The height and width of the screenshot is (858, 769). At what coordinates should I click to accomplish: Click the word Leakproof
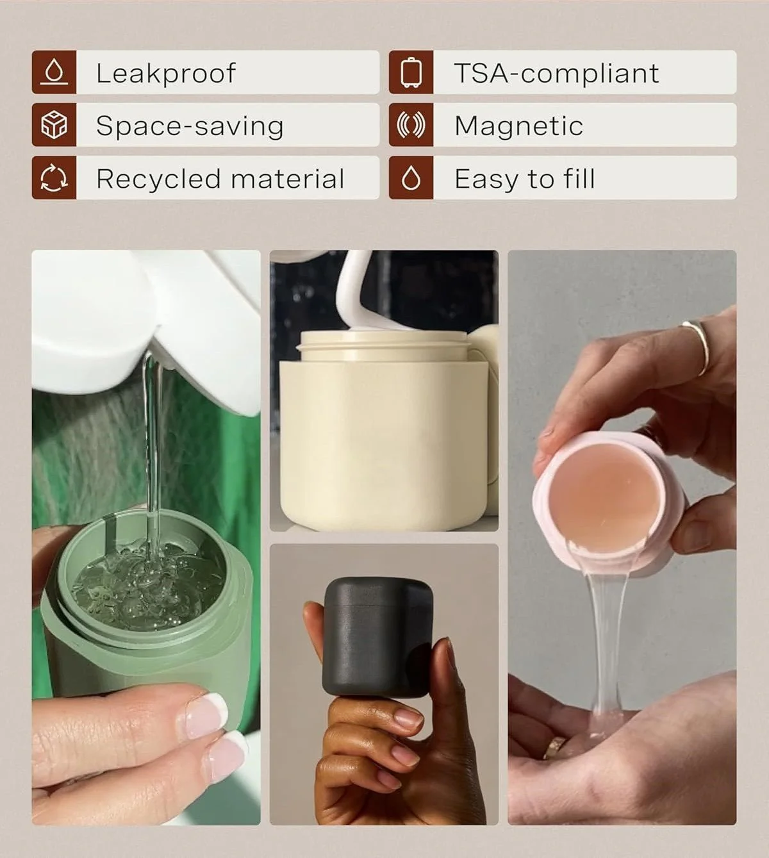coord(165,73)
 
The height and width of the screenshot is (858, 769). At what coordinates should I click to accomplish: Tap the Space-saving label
coord(190,126)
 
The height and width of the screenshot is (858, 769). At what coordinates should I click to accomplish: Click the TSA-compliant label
coord(556,73)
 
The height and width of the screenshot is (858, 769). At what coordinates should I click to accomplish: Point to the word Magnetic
coord(518,126)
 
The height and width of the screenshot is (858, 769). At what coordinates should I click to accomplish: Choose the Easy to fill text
coord(524,179)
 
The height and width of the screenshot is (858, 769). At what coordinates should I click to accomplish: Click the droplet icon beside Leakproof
coord(54,72)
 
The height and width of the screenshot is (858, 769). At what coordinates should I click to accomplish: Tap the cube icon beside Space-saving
coord(54,126)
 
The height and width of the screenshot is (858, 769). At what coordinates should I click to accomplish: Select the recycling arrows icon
coord(54,178)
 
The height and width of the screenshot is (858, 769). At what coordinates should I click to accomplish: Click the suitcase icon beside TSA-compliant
coord(411,72)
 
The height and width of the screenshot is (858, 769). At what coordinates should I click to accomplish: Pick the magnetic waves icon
coord(411,126)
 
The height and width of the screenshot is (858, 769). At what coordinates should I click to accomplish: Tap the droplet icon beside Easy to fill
coord(411,179)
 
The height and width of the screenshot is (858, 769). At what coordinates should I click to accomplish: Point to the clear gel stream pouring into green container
coord(151,449)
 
